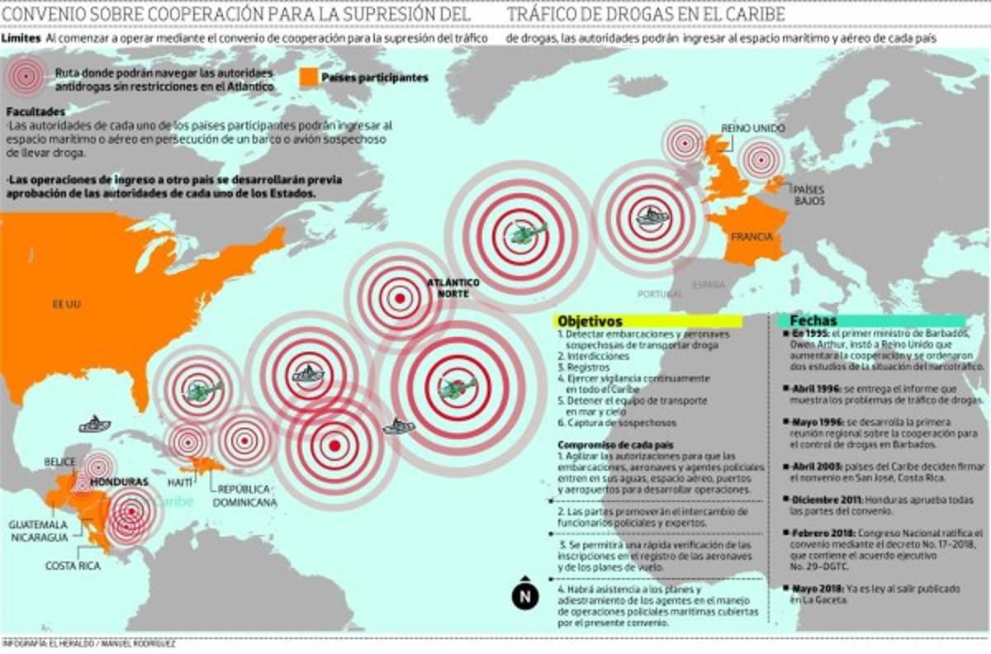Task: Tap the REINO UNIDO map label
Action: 752,128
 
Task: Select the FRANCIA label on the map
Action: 751,237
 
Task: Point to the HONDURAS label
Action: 119,481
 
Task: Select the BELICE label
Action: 62,462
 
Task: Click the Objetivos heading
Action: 590,320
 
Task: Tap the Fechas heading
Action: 813,320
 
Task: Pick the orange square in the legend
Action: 307,77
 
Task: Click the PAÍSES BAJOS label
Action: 809,195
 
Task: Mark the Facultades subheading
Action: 35,111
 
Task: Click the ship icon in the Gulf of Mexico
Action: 94,424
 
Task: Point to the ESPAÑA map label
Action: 709,285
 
